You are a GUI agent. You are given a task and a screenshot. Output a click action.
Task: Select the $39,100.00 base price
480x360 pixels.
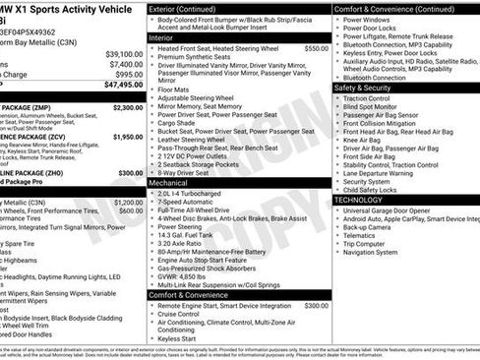(123, 53)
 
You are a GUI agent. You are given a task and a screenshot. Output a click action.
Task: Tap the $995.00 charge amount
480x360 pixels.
(127, 74)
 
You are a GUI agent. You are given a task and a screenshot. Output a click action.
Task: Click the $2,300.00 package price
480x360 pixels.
(127, 106)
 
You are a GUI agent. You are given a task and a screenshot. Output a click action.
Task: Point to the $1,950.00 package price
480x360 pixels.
(127, 138)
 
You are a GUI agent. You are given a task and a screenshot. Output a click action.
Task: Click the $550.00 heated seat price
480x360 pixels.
(316, 47)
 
